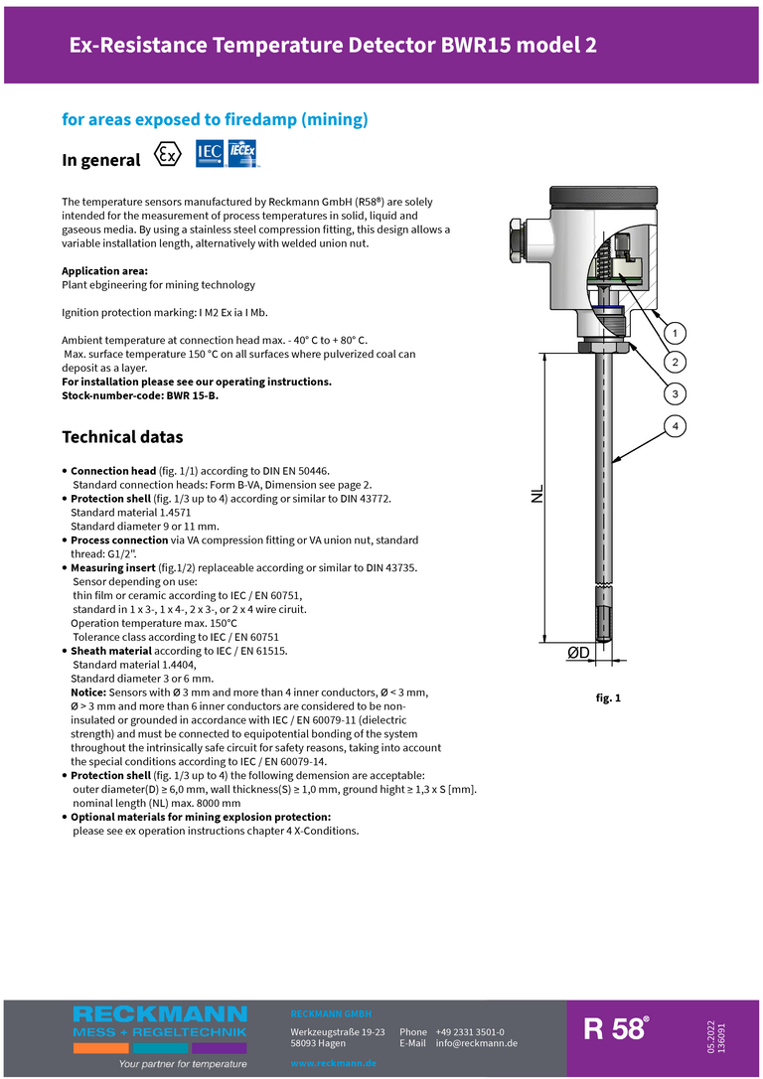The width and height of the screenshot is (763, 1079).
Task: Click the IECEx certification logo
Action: tap(243, 154)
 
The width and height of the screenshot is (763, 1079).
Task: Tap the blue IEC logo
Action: tap(210, 154)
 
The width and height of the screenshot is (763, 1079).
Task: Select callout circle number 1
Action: tap(675, 333)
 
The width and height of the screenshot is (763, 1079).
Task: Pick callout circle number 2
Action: tap(675, 362)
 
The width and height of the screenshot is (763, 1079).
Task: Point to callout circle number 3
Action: tap(675, 394)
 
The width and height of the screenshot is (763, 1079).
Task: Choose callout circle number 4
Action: tap(675, 427)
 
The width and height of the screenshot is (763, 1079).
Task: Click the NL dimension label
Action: tap(536, 494)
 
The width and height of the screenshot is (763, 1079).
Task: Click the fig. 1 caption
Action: tap(608, 698)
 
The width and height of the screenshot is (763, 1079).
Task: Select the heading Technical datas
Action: tap(122, 437)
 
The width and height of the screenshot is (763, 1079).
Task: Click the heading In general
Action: tap(101, 160)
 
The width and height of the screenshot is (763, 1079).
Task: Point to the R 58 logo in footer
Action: tap(615, 1029)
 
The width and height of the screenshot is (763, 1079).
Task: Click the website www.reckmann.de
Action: tap(333, 1063)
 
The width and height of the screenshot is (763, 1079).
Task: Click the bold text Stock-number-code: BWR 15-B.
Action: tap(139, 395)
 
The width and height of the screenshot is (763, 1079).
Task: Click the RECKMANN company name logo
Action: tap(160, 1014)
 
